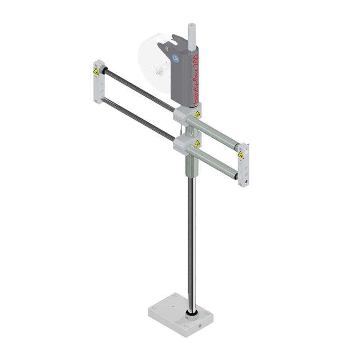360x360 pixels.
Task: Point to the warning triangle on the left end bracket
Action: [x=96, y=72]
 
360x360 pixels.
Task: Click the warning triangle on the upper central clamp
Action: [x=197, y=115]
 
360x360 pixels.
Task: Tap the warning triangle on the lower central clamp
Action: [x=197, y=144]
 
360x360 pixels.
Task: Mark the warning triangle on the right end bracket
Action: [x=241, y=155]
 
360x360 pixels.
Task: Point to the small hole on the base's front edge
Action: [x=197, y=324]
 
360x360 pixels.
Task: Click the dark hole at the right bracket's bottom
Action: [x=247, y=182]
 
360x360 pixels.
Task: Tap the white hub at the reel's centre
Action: [x=155, y=69]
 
